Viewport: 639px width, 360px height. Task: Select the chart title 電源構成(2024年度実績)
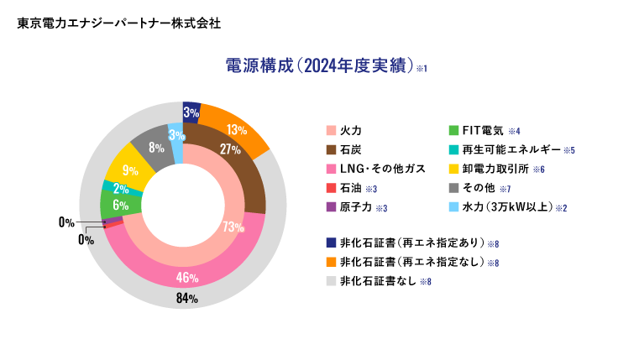(320, 66)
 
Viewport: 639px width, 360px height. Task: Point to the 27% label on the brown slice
(230, 149)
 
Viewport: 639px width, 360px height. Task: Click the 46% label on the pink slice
(186, 278)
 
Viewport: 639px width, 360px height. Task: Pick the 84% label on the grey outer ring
(186, 299)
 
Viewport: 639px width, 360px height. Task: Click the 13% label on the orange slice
(236, 130)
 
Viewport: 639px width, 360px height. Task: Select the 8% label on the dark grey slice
(156, 148)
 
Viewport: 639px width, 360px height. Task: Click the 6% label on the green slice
(120, 206)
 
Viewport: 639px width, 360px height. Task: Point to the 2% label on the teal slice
(120, 189)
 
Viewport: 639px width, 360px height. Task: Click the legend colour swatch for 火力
(331, 131)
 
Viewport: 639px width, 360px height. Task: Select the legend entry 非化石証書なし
(377, 281)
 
